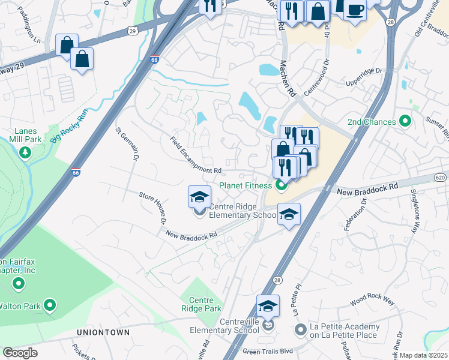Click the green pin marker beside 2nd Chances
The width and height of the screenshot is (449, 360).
pos(405,122)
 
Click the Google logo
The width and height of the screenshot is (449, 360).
pos(20,353)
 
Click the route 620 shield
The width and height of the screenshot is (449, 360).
pos(441,178)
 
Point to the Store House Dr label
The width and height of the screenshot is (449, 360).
pos(153,207)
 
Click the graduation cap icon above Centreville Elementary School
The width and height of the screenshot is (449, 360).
pos(268,306)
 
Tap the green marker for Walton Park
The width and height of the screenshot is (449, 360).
pos(50,306)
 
